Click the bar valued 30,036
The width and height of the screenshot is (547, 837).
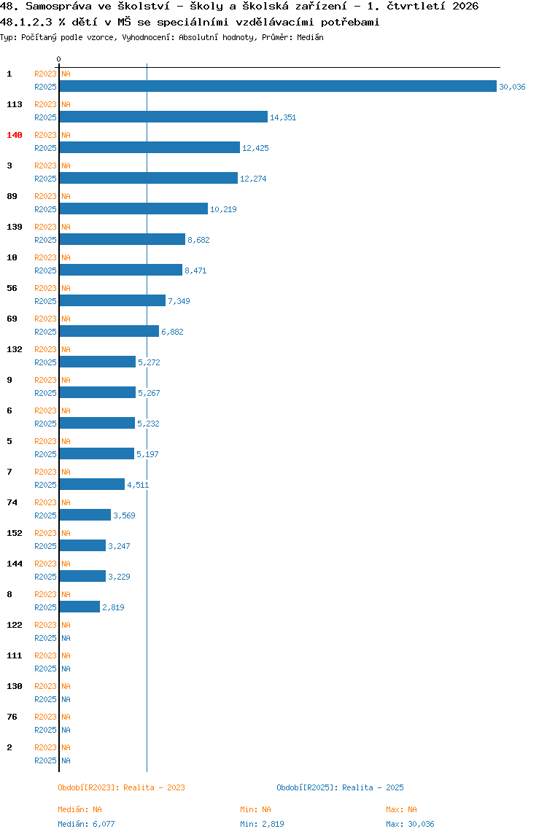pos(278,87)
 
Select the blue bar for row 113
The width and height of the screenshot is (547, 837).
pos(163,117)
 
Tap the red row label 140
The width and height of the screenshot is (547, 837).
pos(15,135)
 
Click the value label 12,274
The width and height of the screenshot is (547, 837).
pos(253,179)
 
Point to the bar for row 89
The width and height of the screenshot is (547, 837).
pos(133,209)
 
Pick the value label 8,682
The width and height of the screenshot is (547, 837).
pos(198,240)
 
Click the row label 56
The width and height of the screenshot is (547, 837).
pos(12,288)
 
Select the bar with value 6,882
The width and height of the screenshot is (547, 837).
pos(109,332)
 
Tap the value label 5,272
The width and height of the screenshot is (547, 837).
pos(149,362)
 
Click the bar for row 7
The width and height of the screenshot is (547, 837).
pos(92,484)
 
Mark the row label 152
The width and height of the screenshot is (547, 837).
pos(15,533)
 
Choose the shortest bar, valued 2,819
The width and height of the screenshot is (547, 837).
pos(79,607)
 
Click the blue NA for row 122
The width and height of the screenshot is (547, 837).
pos(66,639)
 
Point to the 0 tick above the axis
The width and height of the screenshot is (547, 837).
pos(59,59)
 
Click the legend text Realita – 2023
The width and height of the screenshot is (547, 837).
pos(155,788)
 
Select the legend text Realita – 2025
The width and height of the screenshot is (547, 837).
pos(373,788)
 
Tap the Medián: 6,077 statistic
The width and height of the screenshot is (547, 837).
pos(86,824)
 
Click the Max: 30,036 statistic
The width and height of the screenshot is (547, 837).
pos(410,824)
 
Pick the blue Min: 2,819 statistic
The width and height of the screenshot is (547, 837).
pos(262,824)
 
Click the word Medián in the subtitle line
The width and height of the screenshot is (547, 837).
pos(310,37)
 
